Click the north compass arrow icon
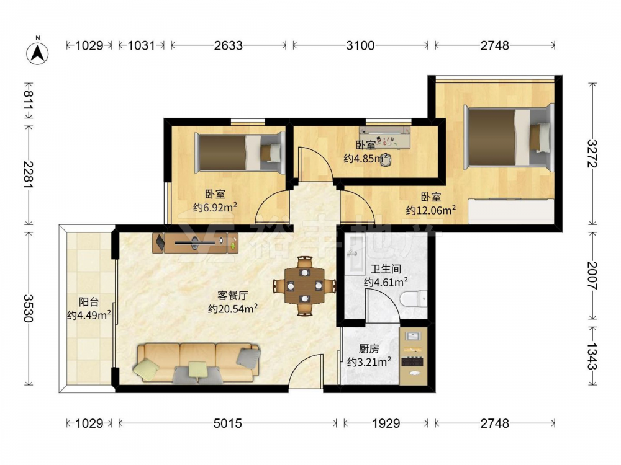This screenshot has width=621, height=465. point(38,52)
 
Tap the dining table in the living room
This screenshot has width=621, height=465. point(304,285)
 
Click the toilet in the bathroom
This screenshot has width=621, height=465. point(414,299)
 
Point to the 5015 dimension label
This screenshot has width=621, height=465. point(227,423)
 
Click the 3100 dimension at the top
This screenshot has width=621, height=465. point(360,45)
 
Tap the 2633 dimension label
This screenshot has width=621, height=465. point(228,45)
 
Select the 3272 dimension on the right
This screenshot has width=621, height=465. point(592,154)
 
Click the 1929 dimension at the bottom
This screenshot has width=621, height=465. point(386,423)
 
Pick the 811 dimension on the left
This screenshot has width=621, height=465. point(29,100)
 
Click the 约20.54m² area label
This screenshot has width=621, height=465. point(233,308)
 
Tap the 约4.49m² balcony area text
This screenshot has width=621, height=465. point(89,315)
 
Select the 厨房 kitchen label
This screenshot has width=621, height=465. point(369,348)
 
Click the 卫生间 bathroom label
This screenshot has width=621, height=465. point(386,270)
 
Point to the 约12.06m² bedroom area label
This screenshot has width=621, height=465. point(431,210)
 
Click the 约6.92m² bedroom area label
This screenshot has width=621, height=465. point(215,207)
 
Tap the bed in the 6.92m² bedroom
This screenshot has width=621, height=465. point(240,153)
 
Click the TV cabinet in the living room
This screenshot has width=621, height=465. point(195,243)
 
